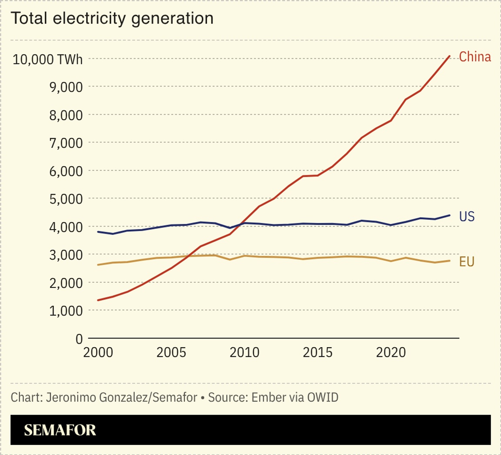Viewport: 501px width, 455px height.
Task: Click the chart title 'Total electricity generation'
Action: (x=112, y=18)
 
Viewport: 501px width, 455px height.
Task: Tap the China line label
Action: (x=475, y=57)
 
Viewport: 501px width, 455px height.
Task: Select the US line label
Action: (x=467, y=217)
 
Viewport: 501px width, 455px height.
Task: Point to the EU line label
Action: (x=467, y=262)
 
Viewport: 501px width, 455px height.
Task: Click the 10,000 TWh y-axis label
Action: (x=47, y=59)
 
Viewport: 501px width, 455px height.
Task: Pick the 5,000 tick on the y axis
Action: (x=66, y=199)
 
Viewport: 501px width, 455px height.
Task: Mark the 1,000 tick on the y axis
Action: (x=66, y=311)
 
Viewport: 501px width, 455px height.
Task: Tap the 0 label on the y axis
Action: (x=79, y=338)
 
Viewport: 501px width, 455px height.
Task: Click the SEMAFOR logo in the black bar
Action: (x=60, y=430)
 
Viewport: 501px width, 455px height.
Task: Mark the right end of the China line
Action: (x=449, y=56)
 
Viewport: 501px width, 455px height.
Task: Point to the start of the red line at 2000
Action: (x=98, y=300)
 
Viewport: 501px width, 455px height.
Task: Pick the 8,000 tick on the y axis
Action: (x=66, y=115)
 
